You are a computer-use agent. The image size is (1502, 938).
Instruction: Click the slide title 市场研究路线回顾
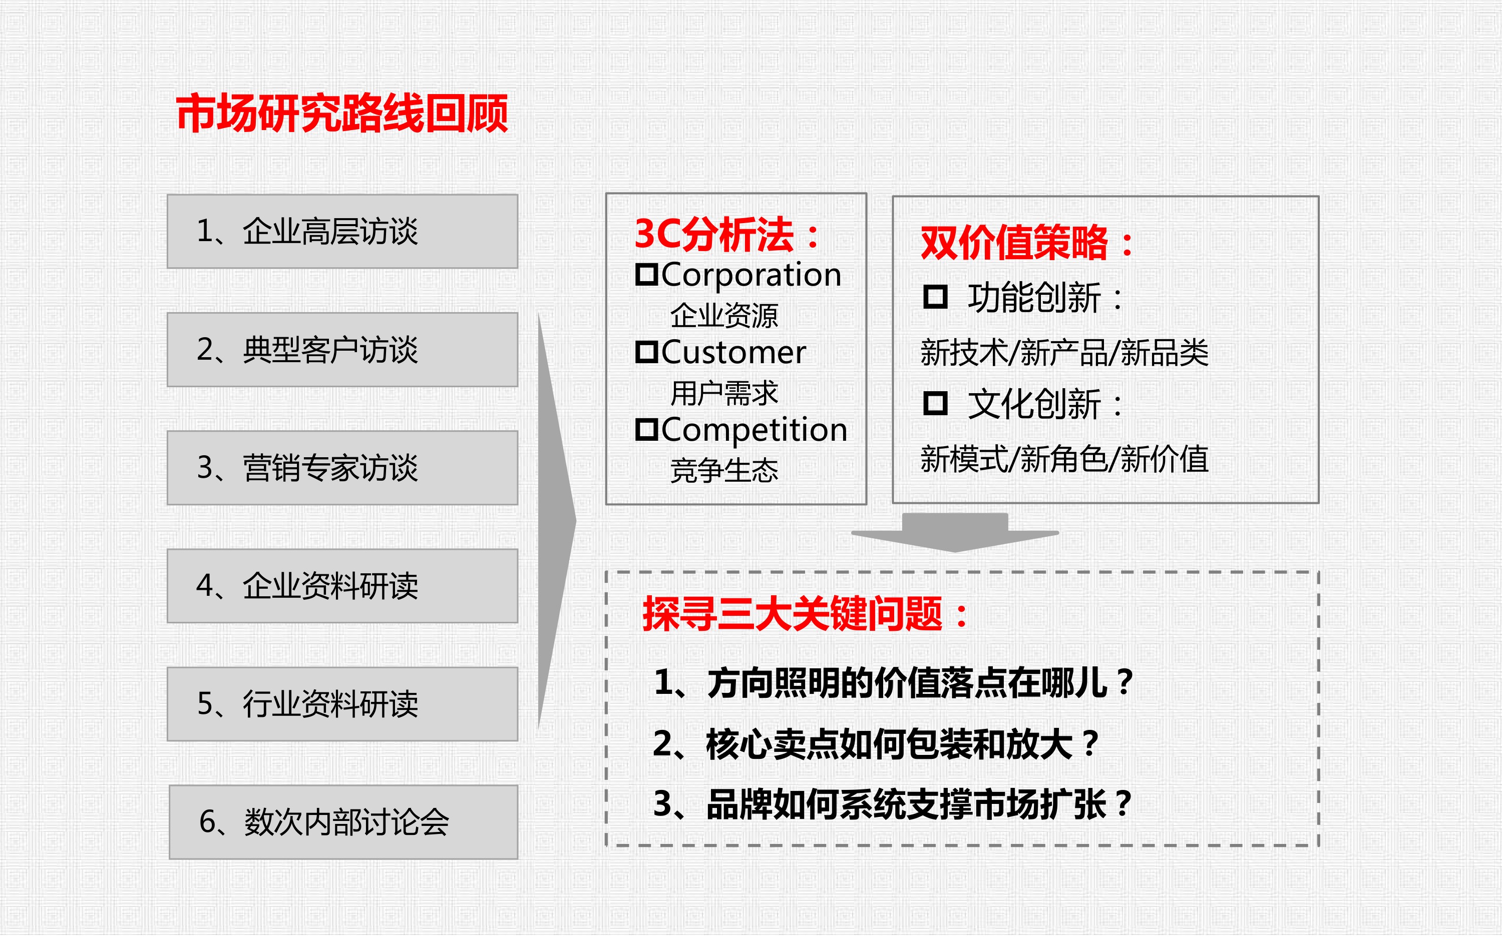342,114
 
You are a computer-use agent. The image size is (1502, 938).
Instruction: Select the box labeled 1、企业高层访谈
342,232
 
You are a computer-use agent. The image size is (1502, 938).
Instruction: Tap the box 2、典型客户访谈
342,350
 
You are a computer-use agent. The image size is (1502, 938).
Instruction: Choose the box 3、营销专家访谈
342,468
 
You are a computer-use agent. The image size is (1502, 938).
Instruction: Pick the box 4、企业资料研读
342,586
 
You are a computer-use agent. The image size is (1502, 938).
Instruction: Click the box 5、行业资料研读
342,704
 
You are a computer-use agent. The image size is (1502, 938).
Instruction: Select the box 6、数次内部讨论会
344,822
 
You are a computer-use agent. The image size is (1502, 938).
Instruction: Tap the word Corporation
751,275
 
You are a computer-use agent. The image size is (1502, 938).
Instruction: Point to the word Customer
733,352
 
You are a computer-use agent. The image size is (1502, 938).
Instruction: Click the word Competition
754,430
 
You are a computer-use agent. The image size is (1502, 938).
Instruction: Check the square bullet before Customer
646,352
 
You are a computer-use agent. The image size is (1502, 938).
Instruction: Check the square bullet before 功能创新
935,297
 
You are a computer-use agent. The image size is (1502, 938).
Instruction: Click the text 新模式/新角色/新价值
1064,460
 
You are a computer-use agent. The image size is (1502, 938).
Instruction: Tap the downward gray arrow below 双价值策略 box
955,532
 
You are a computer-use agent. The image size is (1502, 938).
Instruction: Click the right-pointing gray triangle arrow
557,522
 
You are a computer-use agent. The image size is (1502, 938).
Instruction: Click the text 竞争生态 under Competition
723,471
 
